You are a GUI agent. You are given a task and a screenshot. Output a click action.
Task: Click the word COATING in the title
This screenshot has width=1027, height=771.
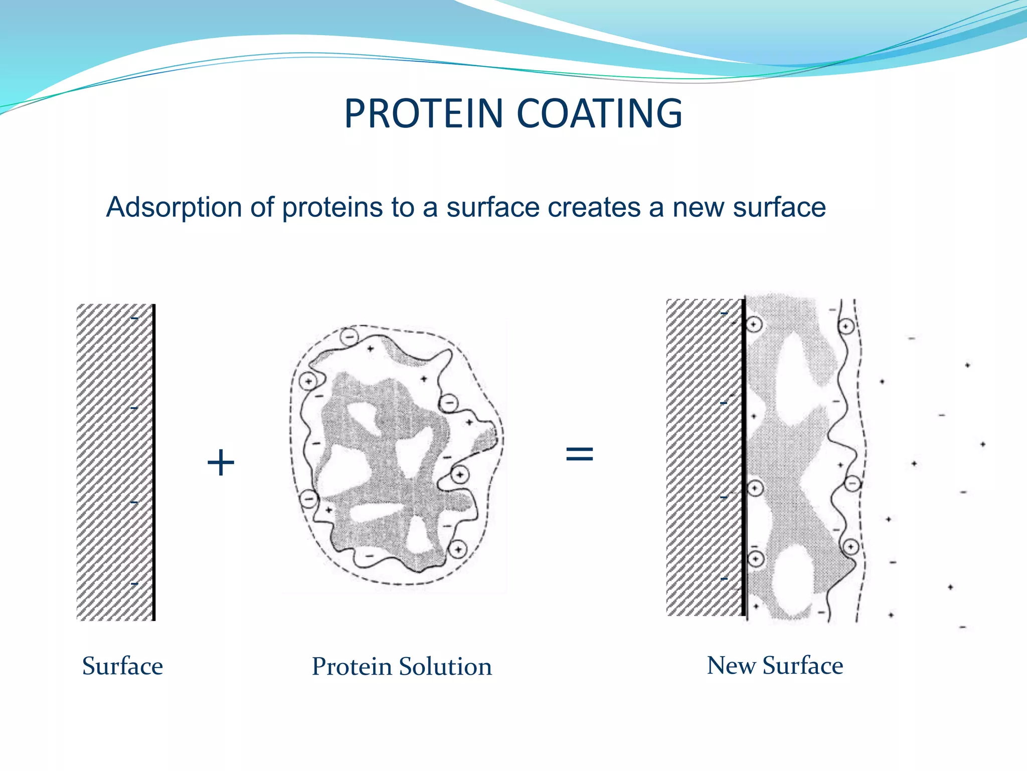599,113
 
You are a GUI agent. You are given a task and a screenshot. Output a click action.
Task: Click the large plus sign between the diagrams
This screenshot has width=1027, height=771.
221,462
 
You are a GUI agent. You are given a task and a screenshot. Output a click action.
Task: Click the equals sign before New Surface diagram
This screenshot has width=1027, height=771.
579,454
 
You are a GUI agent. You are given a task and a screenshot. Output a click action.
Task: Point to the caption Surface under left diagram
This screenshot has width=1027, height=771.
122,667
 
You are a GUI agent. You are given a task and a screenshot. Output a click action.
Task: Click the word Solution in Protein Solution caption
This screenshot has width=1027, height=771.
446,667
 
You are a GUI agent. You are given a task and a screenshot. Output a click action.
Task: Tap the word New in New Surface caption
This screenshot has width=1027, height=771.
731,666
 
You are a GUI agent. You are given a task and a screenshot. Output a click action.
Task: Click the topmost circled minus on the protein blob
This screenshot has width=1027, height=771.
349,335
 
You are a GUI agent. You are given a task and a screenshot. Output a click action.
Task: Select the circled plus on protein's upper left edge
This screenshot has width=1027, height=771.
308,381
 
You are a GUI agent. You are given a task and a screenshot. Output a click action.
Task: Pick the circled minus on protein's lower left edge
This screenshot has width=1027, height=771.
308,499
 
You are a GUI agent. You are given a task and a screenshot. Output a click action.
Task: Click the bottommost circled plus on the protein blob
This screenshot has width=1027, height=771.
458,550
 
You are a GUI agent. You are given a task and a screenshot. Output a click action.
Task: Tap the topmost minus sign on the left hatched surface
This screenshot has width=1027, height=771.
134,318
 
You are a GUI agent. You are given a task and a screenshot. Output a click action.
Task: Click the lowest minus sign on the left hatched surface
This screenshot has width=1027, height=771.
134,584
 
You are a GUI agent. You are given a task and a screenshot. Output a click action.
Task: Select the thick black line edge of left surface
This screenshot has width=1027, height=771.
154,462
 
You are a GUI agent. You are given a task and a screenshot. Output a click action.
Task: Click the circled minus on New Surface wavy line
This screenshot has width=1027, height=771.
852,483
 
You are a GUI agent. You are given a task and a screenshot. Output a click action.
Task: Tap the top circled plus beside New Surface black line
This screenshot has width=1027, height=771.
754,324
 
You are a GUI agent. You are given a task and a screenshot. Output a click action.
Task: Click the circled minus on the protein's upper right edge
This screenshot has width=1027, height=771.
448,403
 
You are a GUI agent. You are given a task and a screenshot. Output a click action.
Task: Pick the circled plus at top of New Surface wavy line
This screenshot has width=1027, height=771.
846,327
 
